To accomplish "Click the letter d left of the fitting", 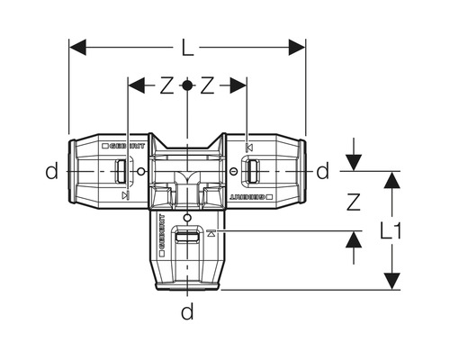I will tap(56, 170).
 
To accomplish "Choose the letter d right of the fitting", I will tap(322, 170).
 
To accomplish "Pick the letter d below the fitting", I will tap(187, 313).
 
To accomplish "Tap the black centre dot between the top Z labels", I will tap(187, 85).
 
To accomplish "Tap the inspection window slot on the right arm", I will tap(254, 169).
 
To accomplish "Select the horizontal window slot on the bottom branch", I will tap(187, 239).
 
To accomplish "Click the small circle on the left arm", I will tap(139, 170).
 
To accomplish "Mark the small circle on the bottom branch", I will tap(187, 219).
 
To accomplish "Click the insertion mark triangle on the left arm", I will tap(125, 195).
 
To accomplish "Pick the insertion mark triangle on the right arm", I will tap(249, 146).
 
